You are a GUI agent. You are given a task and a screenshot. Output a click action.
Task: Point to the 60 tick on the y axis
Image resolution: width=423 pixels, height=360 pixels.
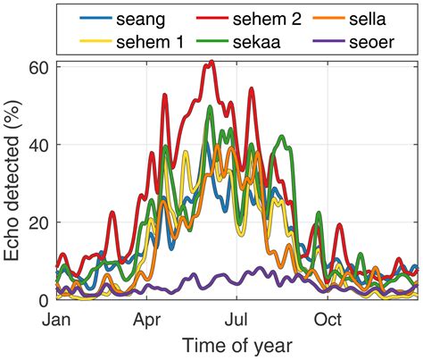(x=39, y=67)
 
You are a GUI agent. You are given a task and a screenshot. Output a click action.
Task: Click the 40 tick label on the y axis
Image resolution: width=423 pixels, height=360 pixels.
(x=39, y=145)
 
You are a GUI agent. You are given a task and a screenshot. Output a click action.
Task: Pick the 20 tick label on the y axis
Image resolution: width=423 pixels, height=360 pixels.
(x=39, y=222)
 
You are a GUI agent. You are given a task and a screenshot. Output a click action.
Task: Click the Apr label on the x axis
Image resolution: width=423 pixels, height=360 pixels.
(x=146, y=318)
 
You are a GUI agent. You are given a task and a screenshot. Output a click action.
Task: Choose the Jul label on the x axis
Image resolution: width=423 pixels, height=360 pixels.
(x=237, y=318)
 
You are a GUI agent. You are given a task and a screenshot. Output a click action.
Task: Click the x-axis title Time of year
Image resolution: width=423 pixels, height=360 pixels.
(x=236, y=345)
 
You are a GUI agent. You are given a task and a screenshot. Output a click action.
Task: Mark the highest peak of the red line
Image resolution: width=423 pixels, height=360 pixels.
(x=211, y=62)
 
